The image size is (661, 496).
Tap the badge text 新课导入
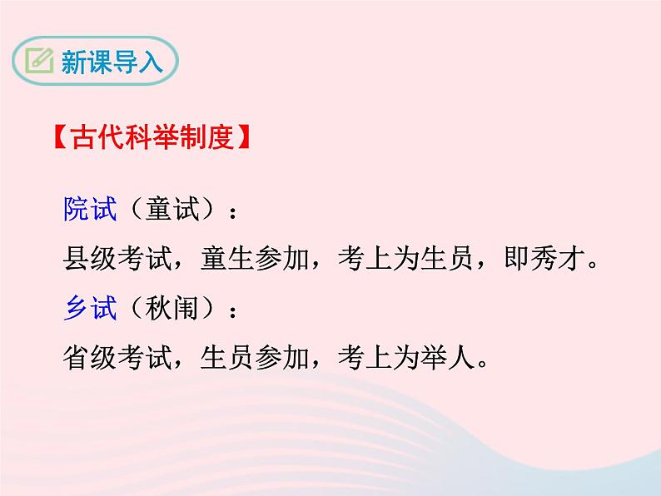point(112,61)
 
